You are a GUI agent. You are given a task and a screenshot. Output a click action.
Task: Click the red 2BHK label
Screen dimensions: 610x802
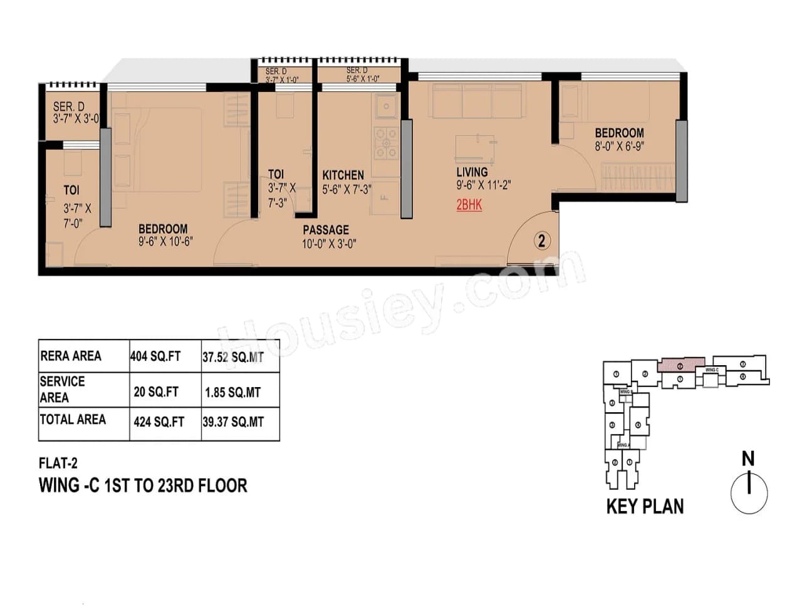[x=469, y=205]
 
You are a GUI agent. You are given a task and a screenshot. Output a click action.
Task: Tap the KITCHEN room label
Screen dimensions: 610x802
[x=343, y=175]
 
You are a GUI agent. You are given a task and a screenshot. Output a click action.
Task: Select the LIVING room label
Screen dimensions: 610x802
[x=472, y=172]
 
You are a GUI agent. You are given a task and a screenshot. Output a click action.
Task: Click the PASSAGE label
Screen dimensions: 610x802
[x=326, y=230]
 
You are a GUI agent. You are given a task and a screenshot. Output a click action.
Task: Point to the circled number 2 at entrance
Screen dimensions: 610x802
[x=541, y=240]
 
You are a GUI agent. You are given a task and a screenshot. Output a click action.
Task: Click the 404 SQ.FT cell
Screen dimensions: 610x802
[x=155, y=356]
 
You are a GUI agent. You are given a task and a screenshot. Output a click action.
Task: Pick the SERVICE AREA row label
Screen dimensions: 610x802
[x=63, y=390]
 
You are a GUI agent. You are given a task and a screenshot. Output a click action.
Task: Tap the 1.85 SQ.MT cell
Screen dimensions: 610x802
[x=232, y=393]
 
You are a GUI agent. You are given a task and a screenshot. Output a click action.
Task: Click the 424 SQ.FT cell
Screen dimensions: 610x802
[x=159, y=422]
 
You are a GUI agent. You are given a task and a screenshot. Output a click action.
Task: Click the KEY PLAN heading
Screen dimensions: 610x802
[x=645, y=507]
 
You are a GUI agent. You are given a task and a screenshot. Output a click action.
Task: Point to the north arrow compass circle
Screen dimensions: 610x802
[x=749, y=493]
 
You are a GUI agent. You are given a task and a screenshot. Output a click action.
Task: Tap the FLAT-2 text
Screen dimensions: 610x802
[x=58, y=463]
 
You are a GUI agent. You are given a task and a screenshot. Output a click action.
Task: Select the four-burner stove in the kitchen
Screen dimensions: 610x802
[x=385, y=143]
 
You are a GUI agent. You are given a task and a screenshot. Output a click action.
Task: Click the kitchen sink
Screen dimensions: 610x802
[x=385, y=106]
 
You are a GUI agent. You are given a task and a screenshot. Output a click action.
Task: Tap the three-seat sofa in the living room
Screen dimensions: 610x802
[x=477, y=101]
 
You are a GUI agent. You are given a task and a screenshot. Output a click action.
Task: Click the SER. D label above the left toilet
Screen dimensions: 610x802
[x=68, y=107]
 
